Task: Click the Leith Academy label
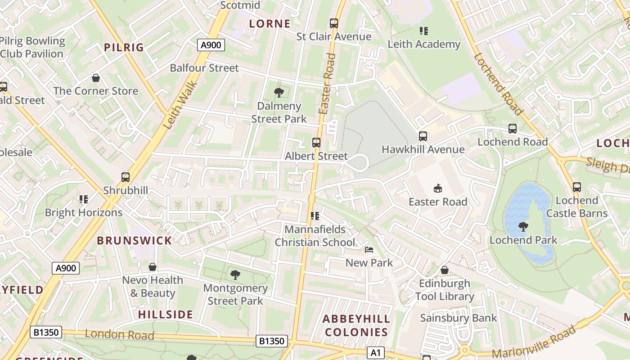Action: pos(424,44)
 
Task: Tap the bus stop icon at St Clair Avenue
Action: pos(333,23)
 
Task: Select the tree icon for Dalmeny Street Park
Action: pos(279,93)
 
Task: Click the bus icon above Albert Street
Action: pos(316,143)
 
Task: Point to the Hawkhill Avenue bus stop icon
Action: pos(423,136)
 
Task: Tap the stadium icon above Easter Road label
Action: pos(437,188)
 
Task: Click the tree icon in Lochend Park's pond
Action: pos(523,227)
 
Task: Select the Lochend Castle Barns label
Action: pos(577,207)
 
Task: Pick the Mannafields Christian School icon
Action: pos(315,216)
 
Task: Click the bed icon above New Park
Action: pos(369,250)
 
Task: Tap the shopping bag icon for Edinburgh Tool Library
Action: pos(444,270)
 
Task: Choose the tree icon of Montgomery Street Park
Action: pos(234,274)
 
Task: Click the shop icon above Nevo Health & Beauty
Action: pos(153,267)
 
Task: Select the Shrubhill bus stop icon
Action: pos(126,177)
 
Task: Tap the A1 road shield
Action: pos(375,353)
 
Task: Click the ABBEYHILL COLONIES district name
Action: pos(356,326)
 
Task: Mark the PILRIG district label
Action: pos(124,47)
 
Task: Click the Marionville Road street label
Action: pos(534,342)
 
